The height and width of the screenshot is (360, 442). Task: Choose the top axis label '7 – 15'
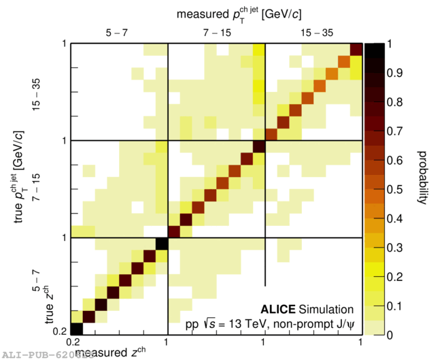pos(216,32)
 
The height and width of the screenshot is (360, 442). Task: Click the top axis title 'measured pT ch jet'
pos(235,13)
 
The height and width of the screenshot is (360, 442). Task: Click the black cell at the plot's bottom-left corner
pos(77,328)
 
